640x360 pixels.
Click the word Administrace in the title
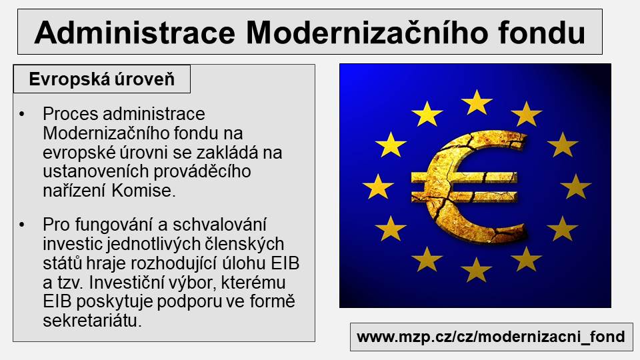click(x=135, y=32)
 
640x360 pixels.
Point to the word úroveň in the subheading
click(x=144, y=79)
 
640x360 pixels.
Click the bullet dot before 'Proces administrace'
click(x=22, y=114)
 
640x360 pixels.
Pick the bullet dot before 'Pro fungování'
click(x=22, y=225)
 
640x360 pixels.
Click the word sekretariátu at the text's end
click(x=92, y=321)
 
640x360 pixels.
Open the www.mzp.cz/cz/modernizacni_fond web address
click(x=491, y=337)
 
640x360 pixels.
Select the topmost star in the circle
click(x=476, y=102)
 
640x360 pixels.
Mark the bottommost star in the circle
click(x=476, y=269)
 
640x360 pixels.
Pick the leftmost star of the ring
click(x=378, y=186)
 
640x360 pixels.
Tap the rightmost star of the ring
click(x=575, y=186)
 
